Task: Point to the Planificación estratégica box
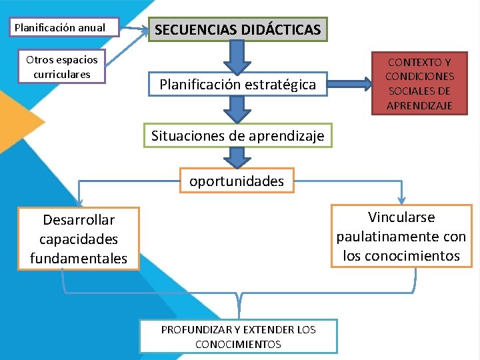coord(237,85)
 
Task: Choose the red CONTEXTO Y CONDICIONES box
coord(419,83)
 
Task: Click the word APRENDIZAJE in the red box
coord(419,105)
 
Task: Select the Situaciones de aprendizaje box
coord(237,136)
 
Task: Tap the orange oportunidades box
coord(237,181)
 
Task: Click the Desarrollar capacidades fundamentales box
coord(79,239)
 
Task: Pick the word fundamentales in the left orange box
coord(79,258)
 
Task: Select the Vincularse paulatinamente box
coord(401,236)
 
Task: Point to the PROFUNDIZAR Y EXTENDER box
coord(238,336)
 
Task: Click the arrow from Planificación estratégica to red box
coord(350,84)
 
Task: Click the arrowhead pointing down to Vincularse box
coord(402,199)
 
